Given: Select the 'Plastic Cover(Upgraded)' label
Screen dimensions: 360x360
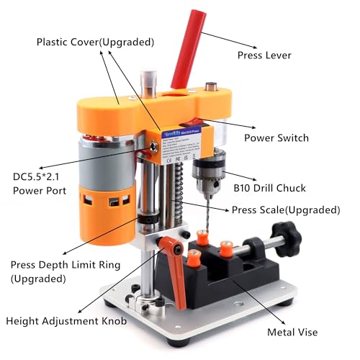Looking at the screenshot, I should (95, 42).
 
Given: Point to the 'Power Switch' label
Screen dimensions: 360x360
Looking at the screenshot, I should (276, 138).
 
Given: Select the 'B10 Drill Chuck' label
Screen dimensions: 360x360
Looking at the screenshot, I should (269, 188).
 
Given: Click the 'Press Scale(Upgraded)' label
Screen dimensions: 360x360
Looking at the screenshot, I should (285, 210).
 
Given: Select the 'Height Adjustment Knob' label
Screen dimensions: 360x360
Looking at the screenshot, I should (66, 321).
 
